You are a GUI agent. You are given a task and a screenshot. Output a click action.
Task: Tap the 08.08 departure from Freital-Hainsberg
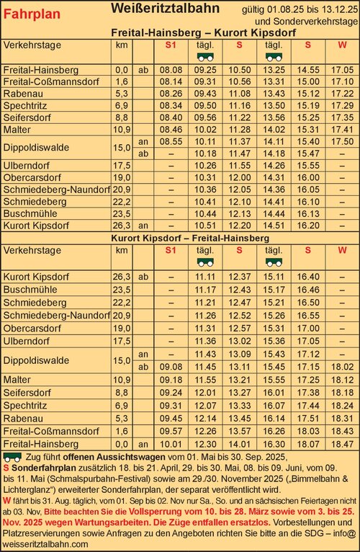click(171, 70)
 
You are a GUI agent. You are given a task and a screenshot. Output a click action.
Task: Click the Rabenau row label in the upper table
click(23, 93)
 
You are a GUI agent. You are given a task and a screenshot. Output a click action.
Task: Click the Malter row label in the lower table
click(17, 379)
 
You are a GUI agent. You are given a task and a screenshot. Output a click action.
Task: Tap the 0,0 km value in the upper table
click(121, 70)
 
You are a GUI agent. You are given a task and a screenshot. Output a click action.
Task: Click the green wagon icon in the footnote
click(12, 457)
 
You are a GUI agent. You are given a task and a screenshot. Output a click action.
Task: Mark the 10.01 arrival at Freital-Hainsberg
click(171, 445)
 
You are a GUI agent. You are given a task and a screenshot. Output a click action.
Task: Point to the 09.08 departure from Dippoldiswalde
click(171, 366)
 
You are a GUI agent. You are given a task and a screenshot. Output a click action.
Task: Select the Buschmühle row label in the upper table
click(27, 213)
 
